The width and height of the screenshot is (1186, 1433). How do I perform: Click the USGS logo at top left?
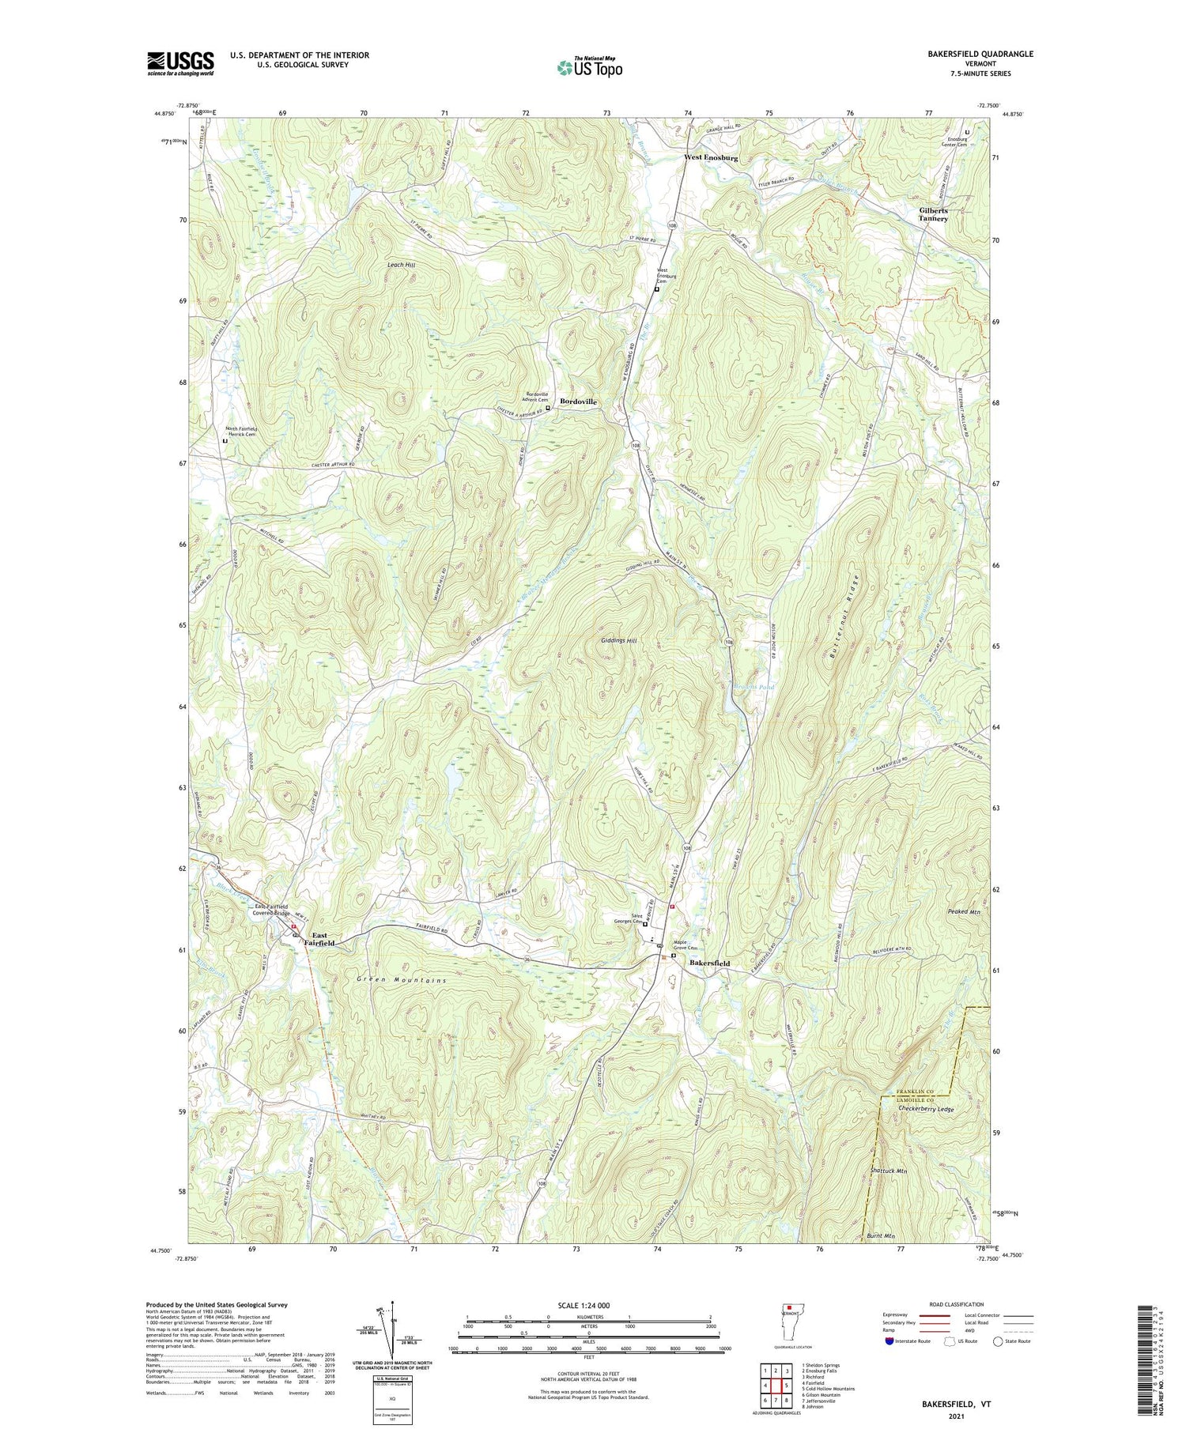click(180, 62)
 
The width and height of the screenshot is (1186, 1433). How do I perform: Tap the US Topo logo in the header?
click(589, 68)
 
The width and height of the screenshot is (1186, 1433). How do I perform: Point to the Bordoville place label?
click(578, 402)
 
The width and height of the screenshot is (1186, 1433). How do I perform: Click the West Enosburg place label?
click(711, 158)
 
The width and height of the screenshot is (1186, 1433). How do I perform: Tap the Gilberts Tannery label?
click(933, 214)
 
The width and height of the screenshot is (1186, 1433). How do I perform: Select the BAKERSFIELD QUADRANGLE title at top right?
click(969, 55)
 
